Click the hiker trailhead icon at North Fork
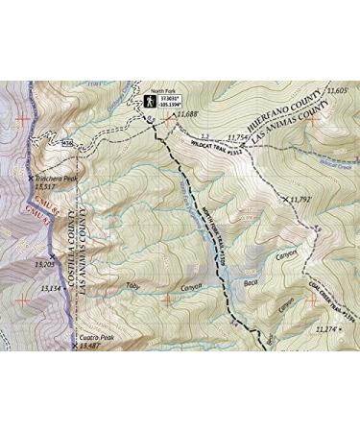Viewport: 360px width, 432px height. pyautogui.click(x=151, y=101)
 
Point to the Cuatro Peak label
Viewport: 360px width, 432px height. pyautogui.click(x=97, y=339)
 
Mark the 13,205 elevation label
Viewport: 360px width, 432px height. pyautogui.click(x=42, y=262)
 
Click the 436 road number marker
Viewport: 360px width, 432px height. pyautogui.click(x=68, y=145)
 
